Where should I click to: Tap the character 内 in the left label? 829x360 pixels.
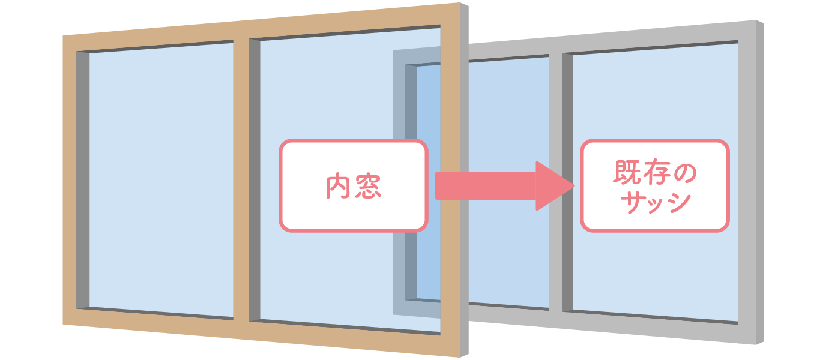pos(338,187)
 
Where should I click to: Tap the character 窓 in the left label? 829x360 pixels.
pos(368,187)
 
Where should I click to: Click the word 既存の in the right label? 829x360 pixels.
pos(654,174)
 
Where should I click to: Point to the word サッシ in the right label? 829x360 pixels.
pos(654,202)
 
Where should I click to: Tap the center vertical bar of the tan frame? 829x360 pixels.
pos(241,180)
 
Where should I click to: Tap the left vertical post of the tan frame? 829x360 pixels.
pos(70,180)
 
